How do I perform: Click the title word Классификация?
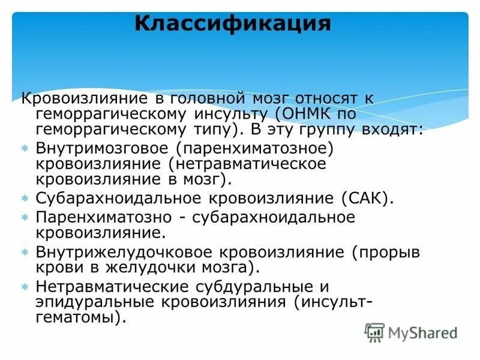(x=232, y=23)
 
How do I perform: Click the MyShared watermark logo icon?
(x=374, y=332)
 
